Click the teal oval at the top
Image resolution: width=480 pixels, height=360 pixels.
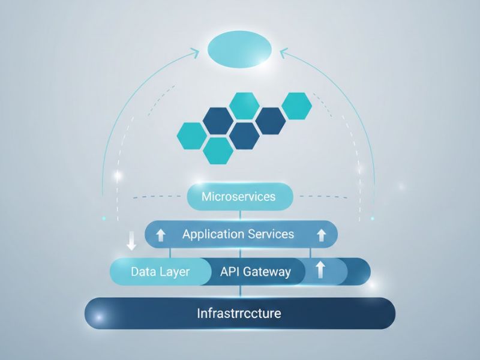click(x=239, y=47)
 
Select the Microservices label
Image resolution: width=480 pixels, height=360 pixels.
click(x=239, y=197)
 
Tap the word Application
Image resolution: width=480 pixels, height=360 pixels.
click(x=209, y=233)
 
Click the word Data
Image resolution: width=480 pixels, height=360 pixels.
click(x=144, y=272)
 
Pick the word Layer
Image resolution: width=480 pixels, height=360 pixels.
click(x=175, y=272)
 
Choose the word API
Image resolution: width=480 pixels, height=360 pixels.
click(x=230, y=272)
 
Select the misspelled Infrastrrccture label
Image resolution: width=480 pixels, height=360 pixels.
click(x=239, y=313)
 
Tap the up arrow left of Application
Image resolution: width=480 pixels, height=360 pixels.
click(x=161, y=235)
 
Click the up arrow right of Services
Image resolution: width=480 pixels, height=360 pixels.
click(x=321, y=235)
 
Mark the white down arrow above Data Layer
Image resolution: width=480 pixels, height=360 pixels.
click(x=131, y=243)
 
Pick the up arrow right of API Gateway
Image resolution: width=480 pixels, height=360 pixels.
click(x=320, y=270)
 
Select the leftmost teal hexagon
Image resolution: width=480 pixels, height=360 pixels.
click(x=193, y=135)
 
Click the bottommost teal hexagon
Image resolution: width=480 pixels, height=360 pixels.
click(x=218, y=150)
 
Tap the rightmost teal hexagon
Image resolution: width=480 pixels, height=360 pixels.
click(x=296, y=106)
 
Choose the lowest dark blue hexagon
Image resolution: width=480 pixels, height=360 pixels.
click(x=244, y=135)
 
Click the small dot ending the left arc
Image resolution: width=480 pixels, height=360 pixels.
click(x=104, y=217)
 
